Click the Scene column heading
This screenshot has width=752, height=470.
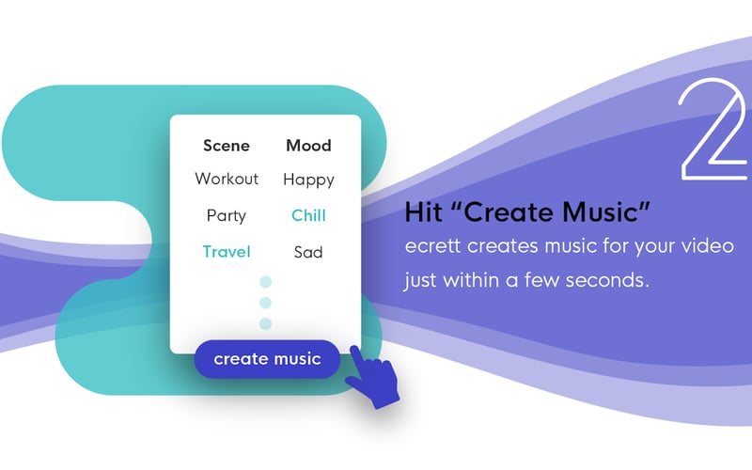click(227, 146)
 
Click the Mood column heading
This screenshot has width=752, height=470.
click(308, 146)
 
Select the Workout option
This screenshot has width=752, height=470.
click(227, 179)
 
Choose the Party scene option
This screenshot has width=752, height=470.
click(227, 215)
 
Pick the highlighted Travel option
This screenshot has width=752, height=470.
click(227, 252)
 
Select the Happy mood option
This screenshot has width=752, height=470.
click(308, 179)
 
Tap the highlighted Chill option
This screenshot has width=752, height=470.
click(308, 215)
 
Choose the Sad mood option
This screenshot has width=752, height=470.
click(308, 252)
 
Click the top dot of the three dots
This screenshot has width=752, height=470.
click(265, 282)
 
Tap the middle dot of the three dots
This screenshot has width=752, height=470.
click(265, 303)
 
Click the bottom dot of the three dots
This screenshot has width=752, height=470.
click(265, 323)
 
